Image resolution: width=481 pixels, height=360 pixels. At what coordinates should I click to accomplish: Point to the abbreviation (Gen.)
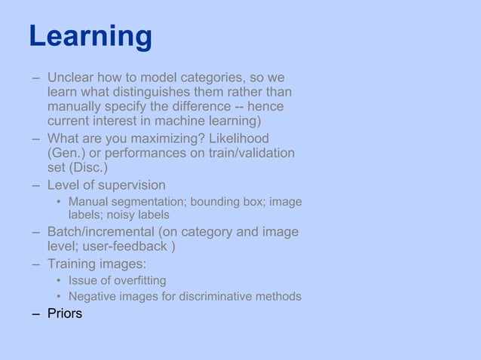point(66,153)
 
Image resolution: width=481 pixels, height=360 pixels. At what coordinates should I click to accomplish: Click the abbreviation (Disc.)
point(88,167)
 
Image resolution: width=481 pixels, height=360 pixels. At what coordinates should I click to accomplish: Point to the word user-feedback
point(134,246)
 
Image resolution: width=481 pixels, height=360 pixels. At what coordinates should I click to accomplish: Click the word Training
point(73,264)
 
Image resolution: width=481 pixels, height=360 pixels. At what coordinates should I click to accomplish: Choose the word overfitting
point(139,281)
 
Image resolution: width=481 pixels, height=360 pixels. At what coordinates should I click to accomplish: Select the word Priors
point(65,313)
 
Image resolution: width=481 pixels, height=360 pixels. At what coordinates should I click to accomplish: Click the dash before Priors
point(35,313)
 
